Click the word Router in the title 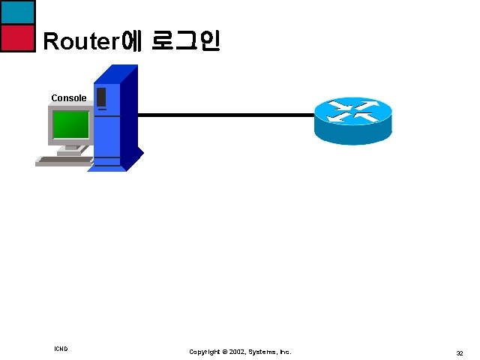tap(81, 41)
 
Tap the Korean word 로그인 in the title tap(185, 40)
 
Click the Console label tap(69, 98)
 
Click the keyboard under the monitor tap(64, 160)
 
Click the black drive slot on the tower tap(101, 97)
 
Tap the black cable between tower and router tap(225, 115)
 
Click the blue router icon tap(352, 120)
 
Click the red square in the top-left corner tap(17, 37)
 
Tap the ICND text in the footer tap(61, 349)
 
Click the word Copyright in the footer tap(205, 352)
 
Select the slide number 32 tap(459, 352)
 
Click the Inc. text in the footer tap(286, 352)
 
